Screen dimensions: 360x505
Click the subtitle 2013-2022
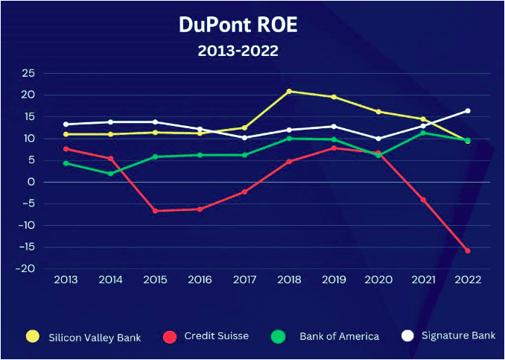click(238, 51)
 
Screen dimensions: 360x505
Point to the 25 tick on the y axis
click(28, 73)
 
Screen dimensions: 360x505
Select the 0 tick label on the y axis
click(32, 182)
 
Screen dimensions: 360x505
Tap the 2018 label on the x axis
click(288, 280)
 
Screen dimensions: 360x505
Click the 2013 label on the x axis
click(66, 280)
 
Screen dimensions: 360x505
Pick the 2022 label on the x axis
click(467, 280)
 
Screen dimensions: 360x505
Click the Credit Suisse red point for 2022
click(468, 250)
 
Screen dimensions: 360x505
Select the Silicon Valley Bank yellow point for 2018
click(289, 91)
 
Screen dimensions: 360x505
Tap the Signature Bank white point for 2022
click(468, 110)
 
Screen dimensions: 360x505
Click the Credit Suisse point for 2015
click(155, 211)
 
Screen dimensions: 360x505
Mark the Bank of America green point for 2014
click(110, 174)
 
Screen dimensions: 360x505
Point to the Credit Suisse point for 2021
click(423, 200)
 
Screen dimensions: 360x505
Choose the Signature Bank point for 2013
click(66, 124)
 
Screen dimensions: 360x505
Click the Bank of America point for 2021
click(423, 133)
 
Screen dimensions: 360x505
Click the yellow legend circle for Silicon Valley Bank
click(32, 336)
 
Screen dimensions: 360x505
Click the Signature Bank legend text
click(457, 335)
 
